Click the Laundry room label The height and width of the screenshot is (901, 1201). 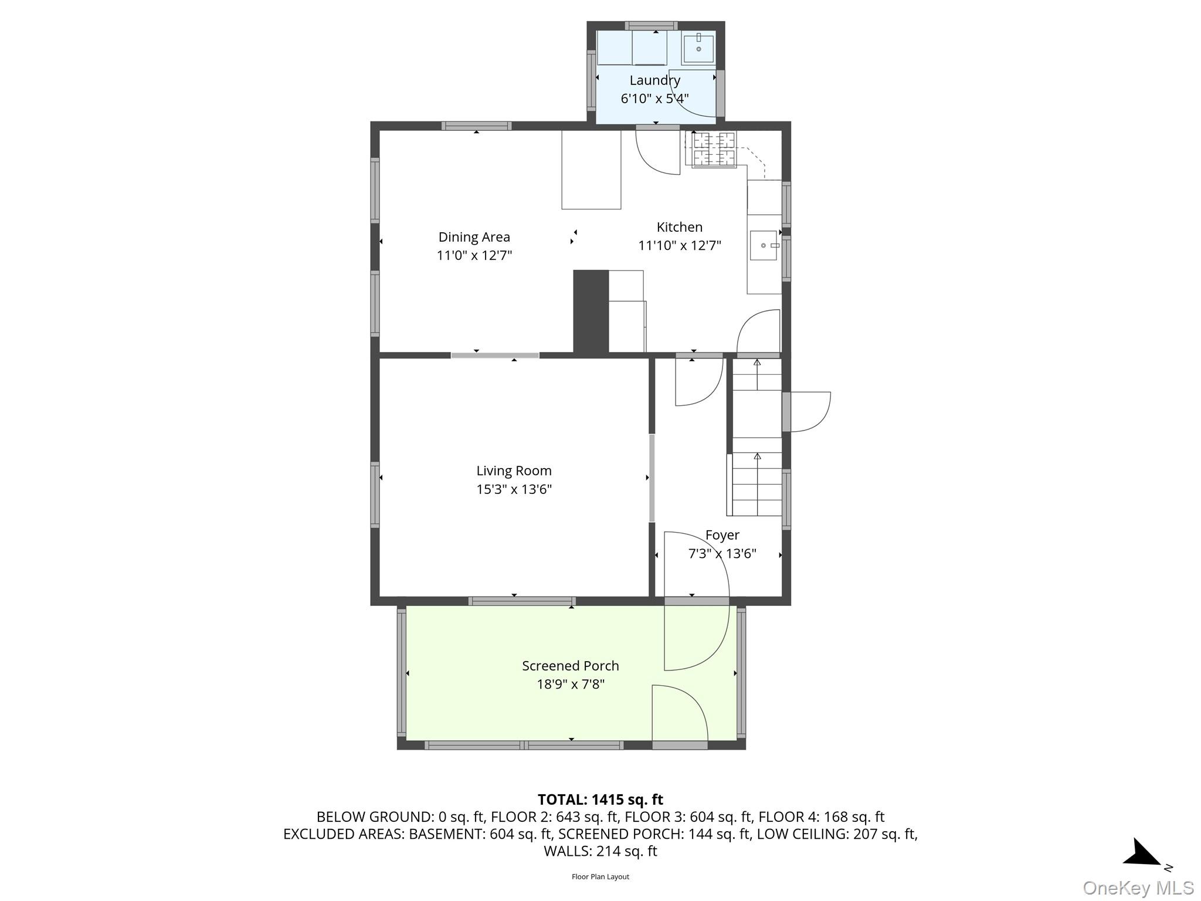pyautogui.click(x=654, y=80)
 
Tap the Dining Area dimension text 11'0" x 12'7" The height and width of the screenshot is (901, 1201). pyautogui.click(x=474, y=255)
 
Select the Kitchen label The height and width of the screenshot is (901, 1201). pyautogui.click(x=679, y=227)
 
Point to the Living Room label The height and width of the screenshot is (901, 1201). pyautogui.click(x=514, y=471)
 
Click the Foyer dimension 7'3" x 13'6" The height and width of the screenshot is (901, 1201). pyautogui.click(x=722, y=553)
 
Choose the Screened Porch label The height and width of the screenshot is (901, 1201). pyautogui.click(x=571, y=666)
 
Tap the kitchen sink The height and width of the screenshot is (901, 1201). pyautogui.click(x=764, y=245)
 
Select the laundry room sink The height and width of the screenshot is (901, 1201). pyautogui.click(x=698, y=48)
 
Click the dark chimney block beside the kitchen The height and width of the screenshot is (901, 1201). pyautogui.click(x=591, y=311)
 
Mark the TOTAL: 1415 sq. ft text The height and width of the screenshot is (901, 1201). pyautogui.click(x=600, y=800)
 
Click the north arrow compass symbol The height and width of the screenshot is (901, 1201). pyautogui.click(x=1141, y=852)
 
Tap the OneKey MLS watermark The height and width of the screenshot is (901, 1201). pyautogui.click(x=1138, y=888)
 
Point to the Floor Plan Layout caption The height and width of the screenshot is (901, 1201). pyautogui.click(x=600, y=877)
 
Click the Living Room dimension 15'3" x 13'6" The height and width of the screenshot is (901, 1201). pyautogui.click(x=514, y=489)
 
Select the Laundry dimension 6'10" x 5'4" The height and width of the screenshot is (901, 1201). pyautogui.click(x=654, y=99)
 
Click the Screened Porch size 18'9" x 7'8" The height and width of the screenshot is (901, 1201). pyautogui.click(x=571, y=684)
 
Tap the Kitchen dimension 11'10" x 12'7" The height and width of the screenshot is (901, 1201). pyautogui.click(x=680, y=245)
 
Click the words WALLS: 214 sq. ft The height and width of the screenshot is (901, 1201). pyautogui.click(x=600, y=851)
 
